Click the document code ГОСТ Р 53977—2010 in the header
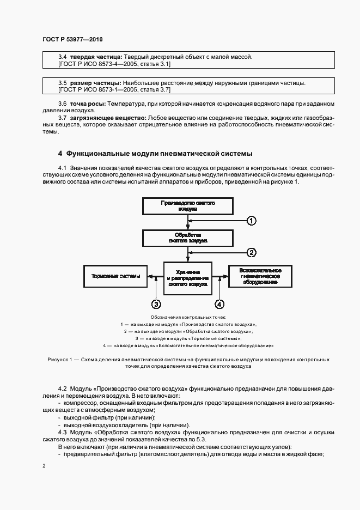tap(72, 40)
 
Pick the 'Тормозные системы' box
tap(115, 276)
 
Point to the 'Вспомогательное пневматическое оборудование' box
tap(261, 276)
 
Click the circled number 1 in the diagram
tap(251, 221)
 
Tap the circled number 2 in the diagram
tap(251, 252)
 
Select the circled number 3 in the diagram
tap(156, 304)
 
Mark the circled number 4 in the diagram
tap(219, 304)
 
